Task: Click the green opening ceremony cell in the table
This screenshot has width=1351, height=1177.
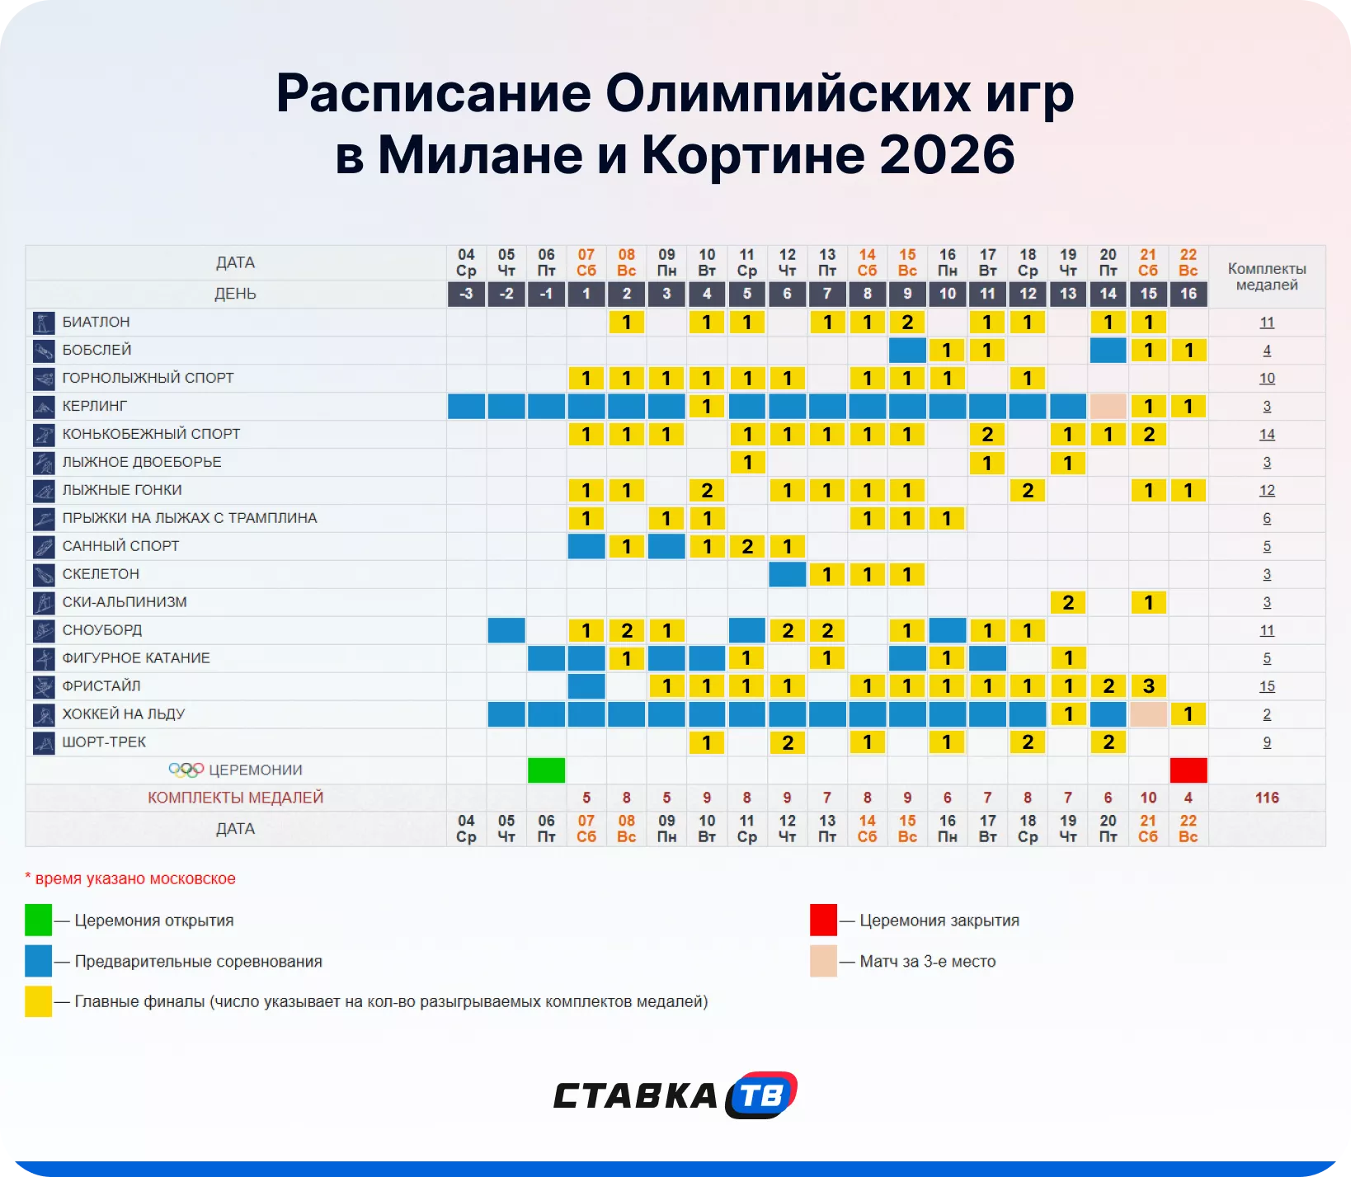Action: coord(546,770)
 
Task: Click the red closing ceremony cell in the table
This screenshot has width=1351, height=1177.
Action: coord(1188,770)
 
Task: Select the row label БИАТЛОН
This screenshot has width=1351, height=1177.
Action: coord(96,322)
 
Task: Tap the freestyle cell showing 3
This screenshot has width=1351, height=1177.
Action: coord(1148,685)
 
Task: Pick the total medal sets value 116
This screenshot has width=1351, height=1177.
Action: coord(1267,798)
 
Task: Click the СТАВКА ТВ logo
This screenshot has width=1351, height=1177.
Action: coord(675,1095)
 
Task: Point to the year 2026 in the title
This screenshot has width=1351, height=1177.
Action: coord(947,154)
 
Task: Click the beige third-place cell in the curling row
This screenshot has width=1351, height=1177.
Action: coord(1108,406)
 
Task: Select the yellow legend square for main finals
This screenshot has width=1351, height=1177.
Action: coord(38,1001)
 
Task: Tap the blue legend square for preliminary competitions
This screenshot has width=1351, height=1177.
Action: coord(38,961)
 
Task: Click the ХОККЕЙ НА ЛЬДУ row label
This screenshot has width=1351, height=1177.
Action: coord(124,713)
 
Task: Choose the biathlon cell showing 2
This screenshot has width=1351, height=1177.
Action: coord(906,322)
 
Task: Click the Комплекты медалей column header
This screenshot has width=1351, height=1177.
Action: coord(1267,276)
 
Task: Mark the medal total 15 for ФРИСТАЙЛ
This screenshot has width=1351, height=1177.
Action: coord(1267,685)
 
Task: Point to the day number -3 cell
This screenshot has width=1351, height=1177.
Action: coord(466,294)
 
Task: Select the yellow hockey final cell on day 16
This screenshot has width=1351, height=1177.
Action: coord(1188,713)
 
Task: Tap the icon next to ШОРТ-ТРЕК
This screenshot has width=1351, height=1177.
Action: coord(44,742)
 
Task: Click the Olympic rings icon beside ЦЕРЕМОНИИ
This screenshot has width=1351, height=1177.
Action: coord(186,770)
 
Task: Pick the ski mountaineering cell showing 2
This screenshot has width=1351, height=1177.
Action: coord(1068,602)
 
